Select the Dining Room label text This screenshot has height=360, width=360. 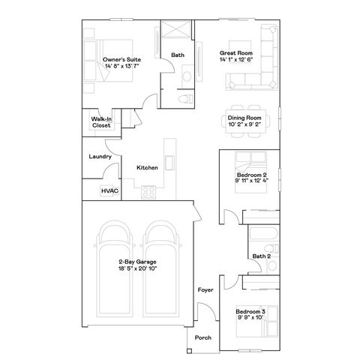(x=244, y=118)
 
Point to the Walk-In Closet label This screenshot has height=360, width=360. (x=101, y=121)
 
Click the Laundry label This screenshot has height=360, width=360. (x=100, y=157)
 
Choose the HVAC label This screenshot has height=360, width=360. (x=109, y=190)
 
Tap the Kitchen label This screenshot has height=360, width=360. (x=147, y=168)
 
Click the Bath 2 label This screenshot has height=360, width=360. (x=261, y=256)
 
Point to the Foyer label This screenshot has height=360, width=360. (x=204, y=289)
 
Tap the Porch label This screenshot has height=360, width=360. (x=203, y=338)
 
